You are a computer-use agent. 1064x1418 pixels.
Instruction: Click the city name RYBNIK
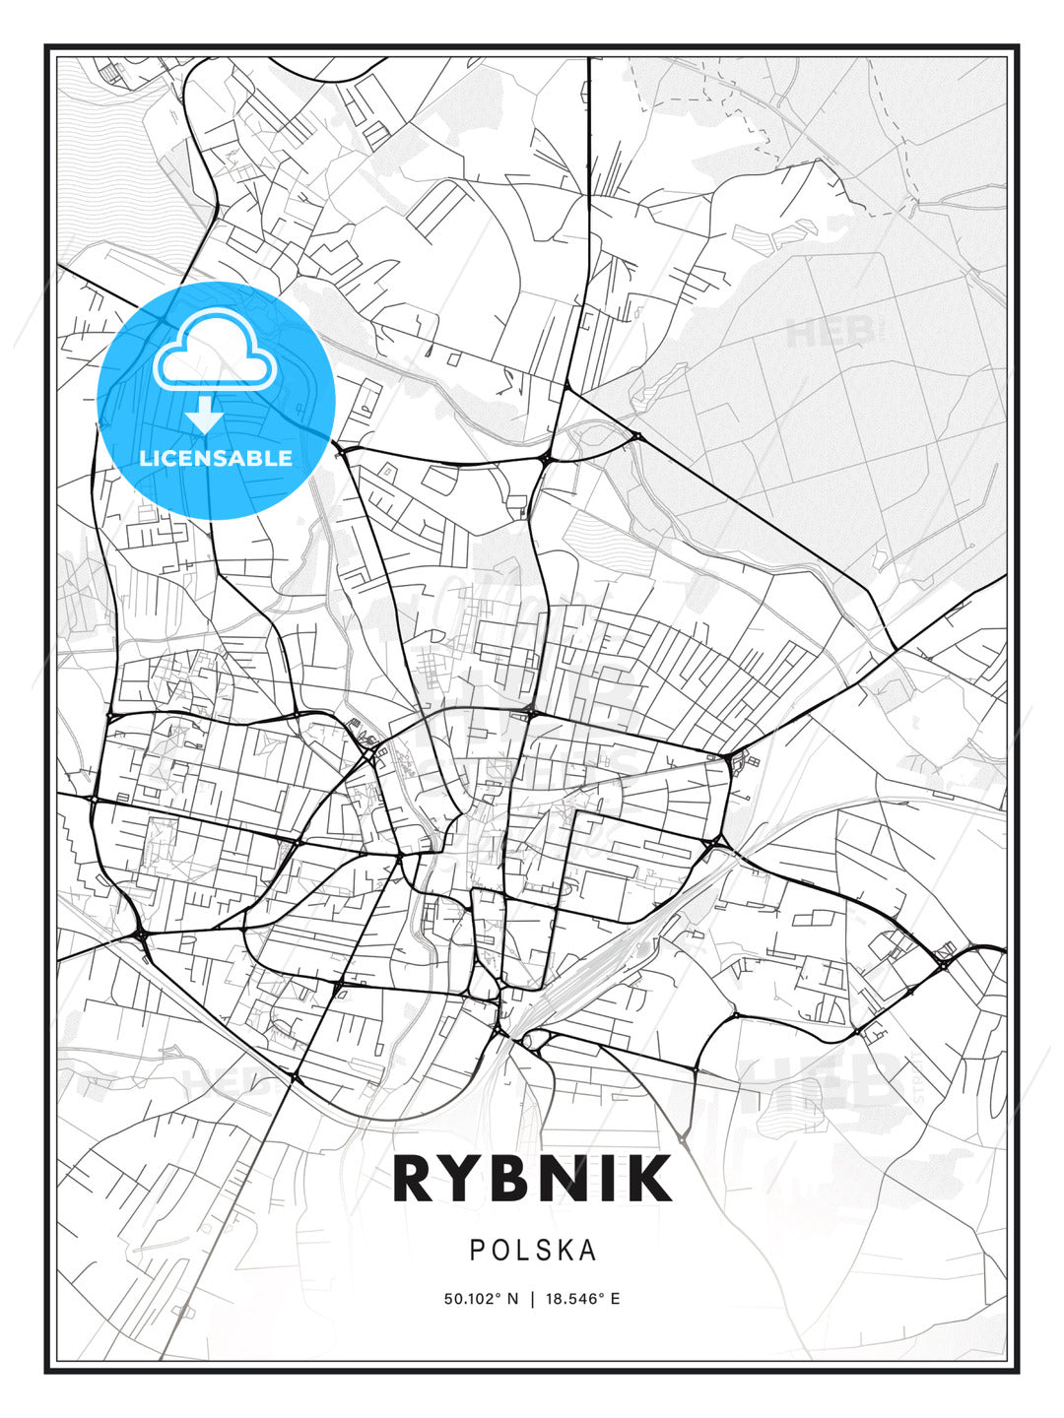[532, 1179]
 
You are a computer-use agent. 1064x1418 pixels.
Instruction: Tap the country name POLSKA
[533, 1250]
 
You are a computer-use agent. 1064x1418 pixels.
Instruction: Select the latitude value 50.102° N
[481, 1298]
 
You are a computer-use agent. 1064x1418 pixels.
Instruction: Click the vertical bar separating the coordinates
[532, 1298]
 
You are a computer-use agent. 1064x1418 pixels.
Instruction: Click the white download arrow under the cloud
[206, 415]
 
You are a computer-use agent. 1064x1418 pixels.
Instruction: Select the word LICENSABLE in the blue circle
[216, 458]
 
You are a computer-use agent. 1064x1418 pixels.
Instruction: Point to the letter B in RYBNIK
[518, 1179]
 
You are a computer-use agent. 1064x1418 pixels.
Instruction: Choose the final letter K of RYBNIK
[649, 1179]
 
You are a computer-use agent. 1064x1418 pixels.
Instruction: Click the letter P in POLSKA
[477, 1250]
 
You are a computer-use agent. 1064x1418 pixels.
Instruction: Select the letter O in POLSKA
[501, 1250]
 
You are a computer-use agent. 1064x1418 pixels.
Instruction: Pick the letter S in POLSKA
[545, 1250]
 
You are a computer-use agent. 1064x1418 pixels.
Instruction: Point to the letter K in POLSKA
[566, 1250]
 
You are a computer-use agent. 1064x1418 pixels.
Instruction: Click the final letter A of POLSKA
[589, 1250]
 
